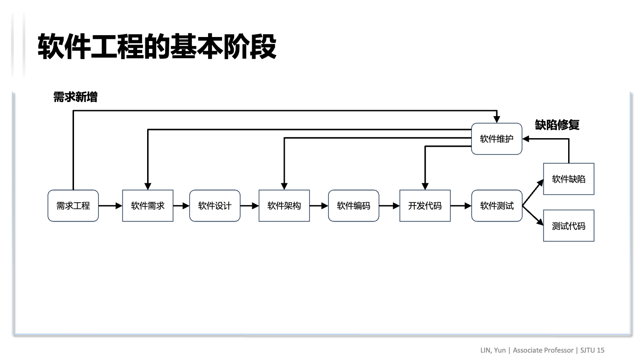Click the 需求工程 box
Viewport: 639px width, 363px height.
pos(73,206)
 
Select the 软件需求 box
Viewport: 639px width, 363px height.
pos(148,206)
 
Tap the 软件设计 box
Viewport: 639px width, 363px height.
pos(215,206)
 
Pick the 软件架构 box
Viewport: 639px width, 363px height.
pos(284,206)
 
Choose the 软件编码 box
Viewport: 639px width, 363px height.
pos(353,206)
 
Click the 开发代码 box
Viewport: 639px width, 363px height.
pos(425,206)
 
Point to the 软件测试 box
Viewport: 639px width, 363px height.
pos(496,206)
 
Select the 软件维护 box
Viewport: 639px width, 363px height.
pos(496,139)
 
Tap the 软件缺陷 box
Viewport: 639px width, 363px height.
pos(568,179)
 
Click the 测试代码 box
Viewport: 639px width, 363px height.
pos(568,226)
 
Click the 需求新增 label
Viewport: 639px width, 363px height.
pos(75,97)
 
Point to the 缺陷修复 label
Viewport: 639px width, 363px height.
pos(557,125)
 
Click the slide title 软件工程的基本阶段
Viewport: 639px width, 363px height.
pos(157,47)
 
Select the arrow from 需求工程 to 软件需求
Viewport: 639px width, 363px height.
pos(111,206)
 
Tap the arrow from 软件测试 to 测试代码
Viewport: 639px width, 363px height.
pos(532,216)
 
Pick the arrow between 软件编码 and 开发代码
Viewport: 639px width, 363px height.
pos(389,206)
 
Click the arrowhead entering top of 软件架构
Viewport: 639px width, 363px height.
pos(284,186)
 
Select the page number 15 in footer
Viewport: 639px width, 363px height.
pos(600,350)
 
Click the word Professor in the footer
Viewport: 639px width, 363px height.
pos(558,350)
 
